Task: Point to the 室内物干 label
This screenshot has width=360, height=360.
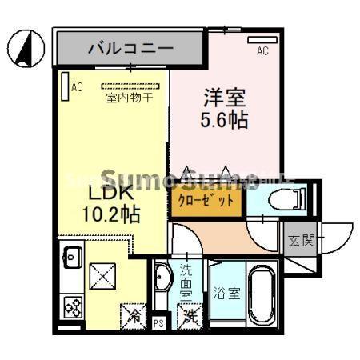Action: point(129,98)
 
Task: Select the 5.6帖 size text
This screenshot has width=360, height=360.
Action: point(223,121)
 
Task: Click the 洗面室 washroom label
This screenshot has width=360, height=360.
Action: point(186,281)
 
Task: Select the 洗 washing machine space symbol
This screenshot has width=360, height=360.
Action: point(189,317)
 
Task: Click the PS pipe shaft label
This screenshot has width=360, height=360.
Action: point(159,324)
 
